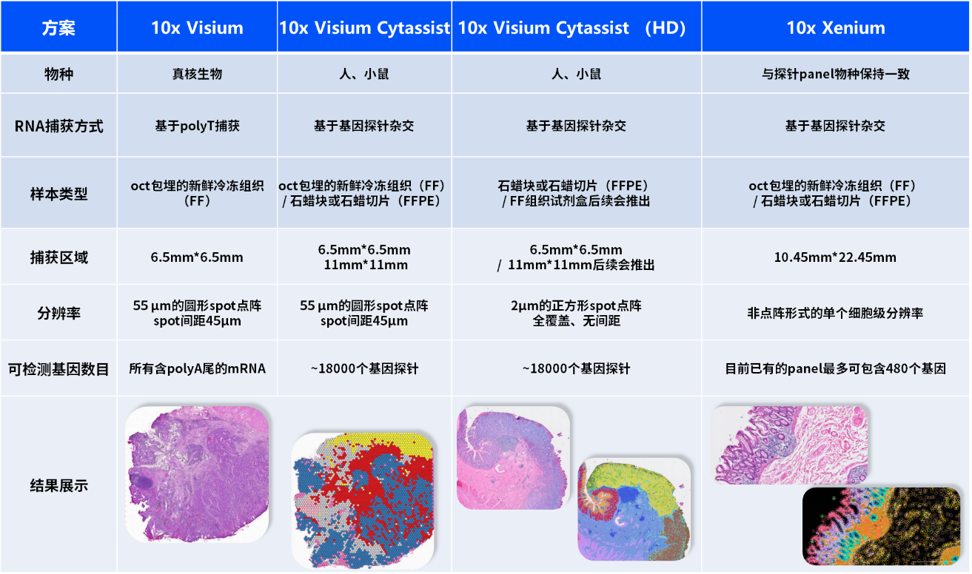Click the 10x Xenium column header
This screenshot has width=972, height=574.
tap(836, 28)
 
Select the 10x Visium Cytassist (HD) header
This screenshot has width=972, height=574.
tap(572, 28)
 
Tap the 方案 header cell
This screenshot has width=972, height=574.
tap(58, 28)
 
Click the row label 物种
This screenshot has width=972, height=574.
tap(58, 74)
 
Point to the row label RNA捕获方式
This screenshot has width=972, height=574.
tap(58, 126)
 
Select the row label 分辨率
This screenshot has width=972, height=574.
tap(58, 313)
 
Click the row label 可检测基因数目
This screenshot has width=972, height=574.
tap(58, 369)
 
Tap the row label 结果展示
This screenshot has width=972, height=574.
tap(58, 485)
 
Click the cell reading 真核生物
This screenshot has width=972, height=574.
tap(197, 74)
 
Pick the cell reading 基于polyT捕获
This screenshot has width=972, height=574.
tap(197, 126)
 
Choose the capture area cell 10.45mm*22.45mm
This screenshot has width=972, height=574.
tap(835, 257)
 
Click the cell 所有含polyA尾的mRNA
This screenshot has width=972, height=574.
tap(197, 368)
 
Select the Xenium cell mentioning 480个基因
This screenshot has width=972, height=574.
tap(835, 368)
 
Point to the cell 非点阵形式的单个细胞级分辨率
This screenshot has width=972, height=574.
tap(835, 313)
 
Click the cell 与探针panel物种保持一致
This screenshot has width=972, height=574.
tap(835, 74)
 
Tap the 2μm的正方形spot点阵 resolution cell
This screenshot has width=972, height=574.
tap(576, 313)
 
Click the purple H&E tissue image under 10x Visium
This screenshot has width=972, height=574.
tap(197, 474)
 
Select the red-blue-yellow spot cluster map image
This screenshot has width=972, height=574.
tap(363, 501)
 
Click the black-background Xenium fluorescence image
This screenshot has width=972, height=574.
tap(881, 526)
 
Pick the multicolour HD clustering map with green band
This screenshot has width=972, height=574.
tap(634, 509)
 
